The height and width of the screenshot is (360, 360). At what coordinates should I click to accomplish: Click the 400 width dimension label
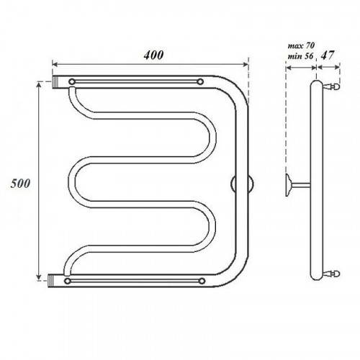pyautogui.click(x=153, y=55)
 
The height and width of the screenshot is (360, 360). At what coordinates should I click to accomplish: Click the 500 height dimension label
pyautogui.click(x=20, y=184)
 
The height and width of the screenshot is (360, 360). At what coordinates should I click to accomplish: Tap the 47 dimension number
pyautogui.click(x=328, y=55)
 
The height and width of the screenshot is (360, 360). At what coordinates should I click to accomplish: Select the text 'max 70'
pyautogui.click(x=301, y=45)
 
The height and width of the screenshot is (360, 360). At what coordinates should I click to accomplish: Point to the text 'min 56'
pyautogui.click(x=301, y=56)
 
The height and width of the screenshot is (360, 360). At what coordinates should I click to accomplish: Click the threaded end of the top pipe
pyautogui.click(x=55, y=82)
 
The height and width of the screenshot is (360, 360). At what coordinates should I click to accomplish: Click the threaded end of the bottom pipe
pyautogui.click(x=51, y=281)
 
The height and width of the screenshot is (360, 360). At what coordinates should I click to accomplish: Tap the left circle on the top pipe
pyautogui.click(x=72, y=81)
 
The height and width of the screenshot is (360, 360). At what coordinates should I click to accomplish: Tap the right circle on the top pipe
pyautogui.click(x=200, y=82)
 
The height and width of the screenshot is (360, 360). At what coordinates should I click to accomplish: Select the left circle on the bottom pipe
pyautogui.click(x=68, y=281)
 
